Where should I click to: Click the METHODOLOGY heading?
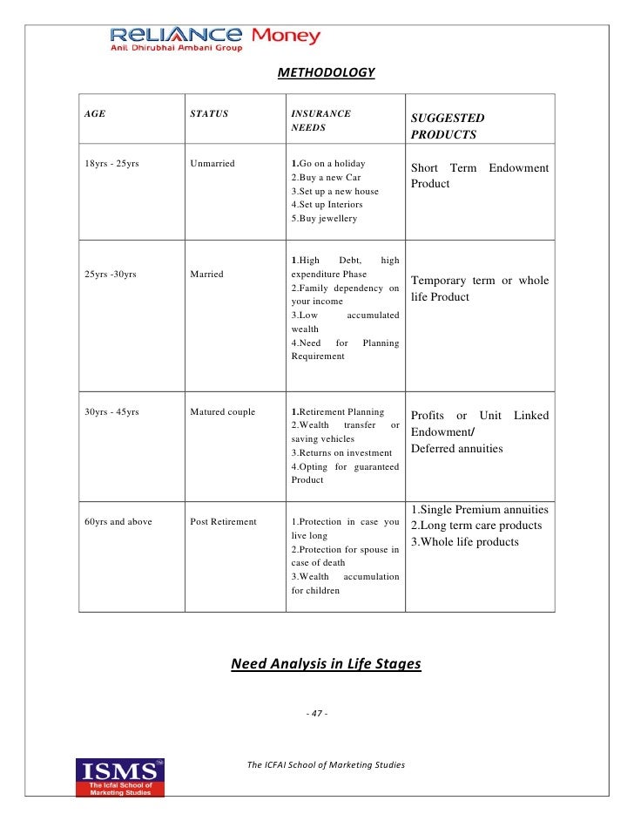326,72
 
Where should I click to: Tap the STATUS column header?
209,113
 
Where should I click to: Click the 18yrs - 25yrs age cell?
111,163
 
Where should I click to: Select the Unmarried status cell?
212,163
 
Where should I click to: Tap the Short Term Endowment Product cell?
479,175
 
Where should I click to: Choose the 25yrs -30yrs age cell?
111,275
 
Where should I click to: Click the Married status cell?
206,275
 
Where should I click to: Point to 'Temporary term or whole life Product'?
479,288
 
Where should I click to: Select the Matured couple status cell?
222,412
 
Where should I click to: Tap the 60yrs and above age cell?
118,522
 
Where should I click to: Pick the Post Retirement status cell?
223,522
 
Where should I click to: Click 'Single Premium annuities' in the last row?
479,510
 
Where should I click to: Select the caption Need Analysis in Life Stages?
326,664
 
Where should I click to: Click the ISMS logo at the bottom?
120,777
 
